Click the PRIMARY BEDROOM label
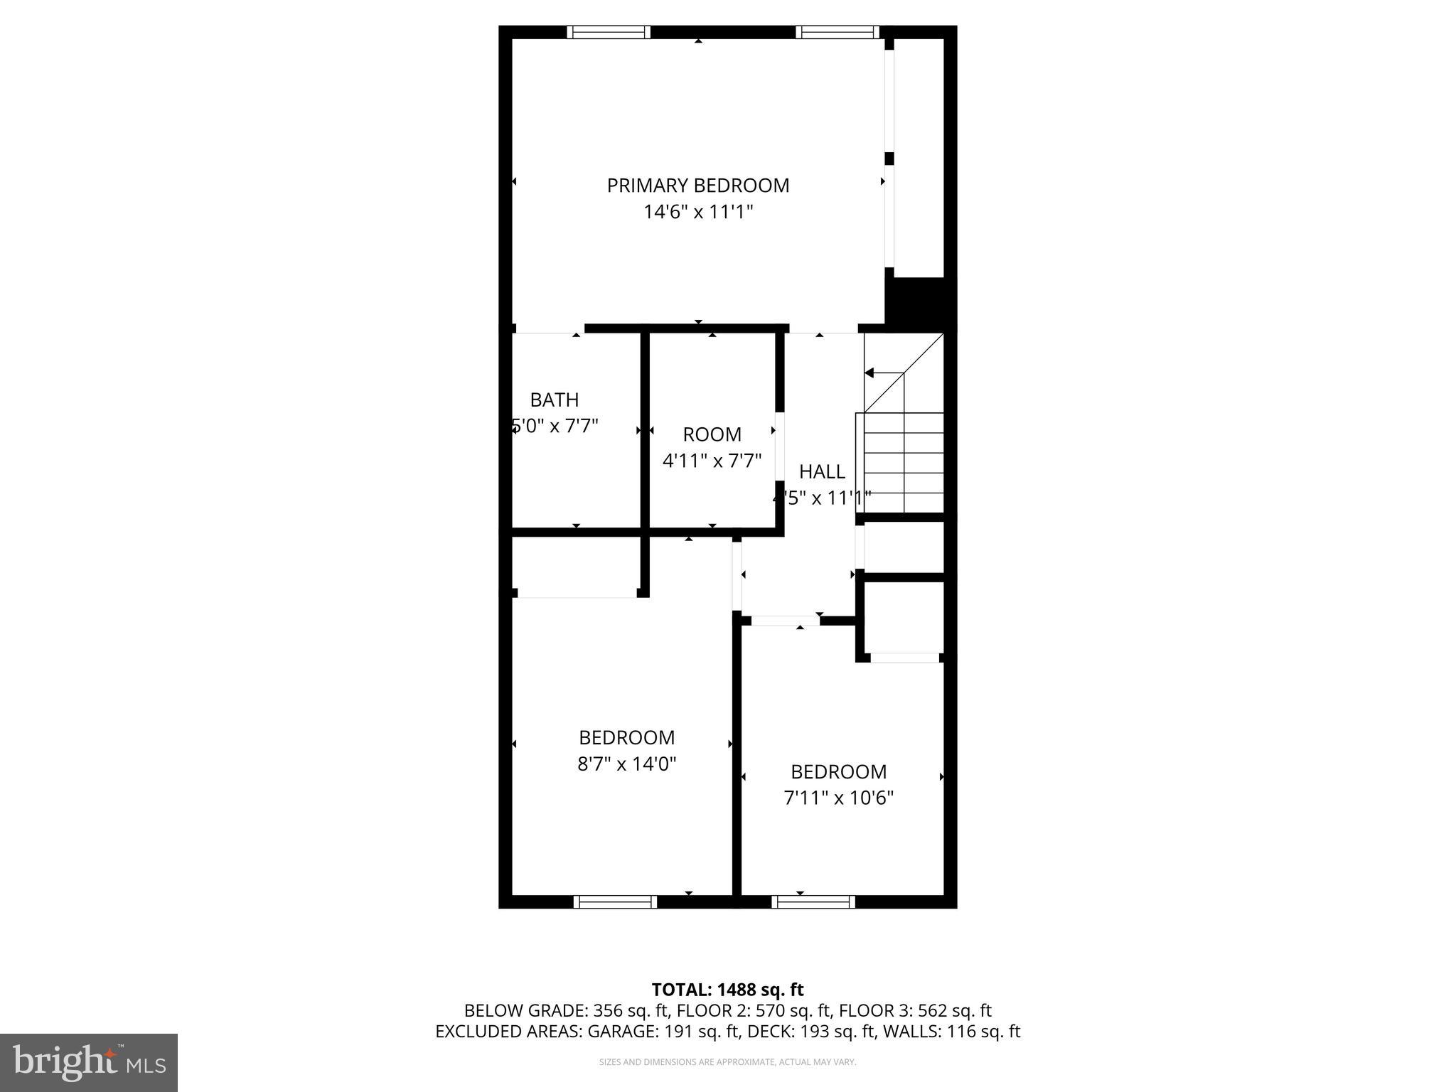(697, 186)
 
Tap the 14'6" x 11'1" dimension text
(697, 212)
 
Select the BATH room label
(554, 400)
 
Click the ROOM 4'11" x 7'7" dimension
(712, 461)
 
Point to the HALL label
(822, 471)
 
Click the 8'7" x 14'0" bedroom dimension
(626, 764)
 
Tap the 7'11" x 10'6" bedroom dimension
(838, 798)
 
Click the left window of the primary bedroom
(609, 32)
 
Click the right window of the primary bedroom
(837, 32)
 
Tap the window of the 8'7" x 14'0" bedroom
(615, 902)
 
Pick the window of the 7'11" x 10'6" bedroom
(813, 902)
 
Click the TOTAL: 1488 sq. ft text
(727, 990)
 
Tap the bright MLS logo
(89, 1062)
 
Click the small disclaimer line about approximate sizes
(727, 1062)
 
